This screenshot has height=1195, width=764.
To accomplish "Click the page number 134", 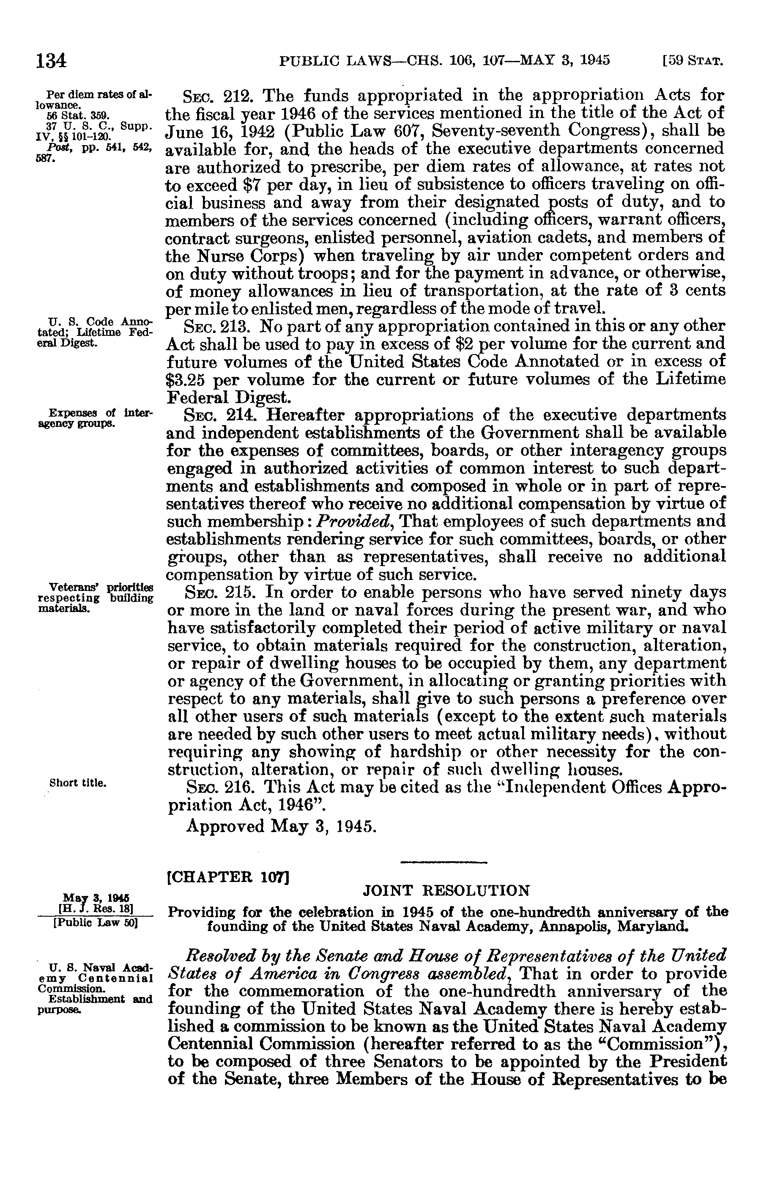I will [51, 60].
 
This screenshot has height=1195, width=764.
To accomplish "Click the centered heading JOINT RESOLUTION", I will [446, 891].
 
